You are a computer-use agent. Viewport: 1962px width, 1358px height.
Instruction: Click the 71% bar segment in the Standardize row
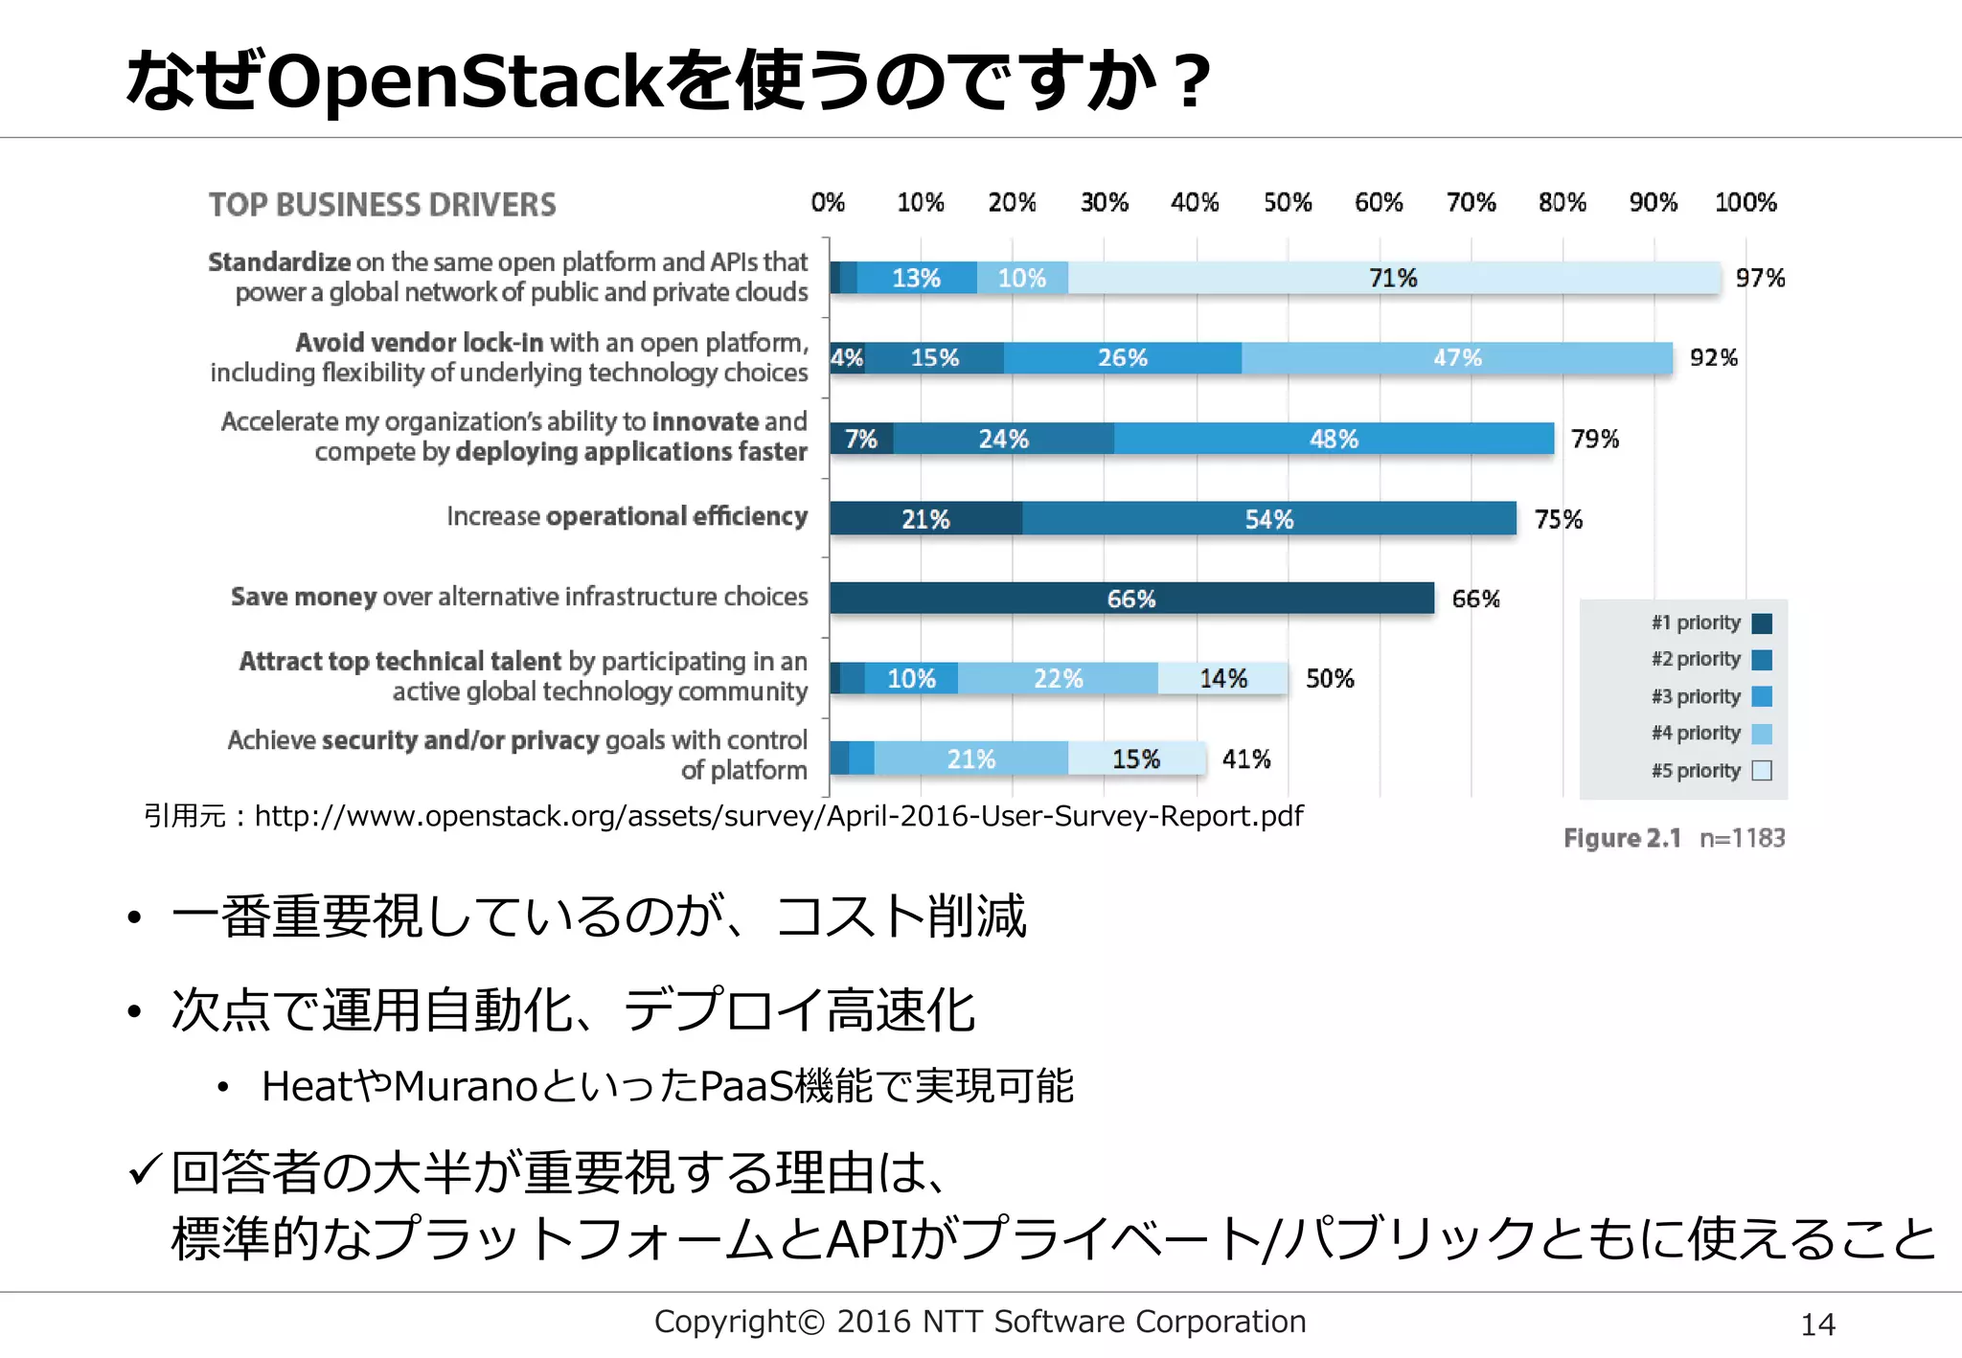pos(1394,278)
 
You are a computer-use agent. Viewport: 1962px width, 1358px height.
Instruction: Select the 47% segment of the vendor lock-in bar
pos(1457,358)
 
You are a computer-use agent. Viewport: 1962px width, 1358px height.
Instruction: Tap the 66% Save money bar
pos(1131,599)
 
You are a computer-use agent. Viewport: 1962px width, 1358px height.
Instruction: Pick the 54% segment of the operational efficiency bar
pos(1269,519)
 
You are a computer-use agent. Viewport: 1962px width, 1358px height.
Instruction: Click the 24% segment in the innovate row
pos(1003,439)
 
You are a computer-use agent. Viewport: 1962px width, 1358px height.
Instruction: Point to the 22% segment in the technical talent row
pos(1058,678)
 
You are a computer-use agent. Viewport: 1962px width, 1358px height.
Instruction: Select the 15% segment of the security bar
pos(1136,758)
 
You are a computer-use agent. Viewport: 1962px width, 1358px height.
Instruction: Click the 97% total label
pos(1760,278)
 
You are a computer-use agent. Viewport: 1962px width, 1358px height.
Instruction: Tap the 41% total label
pos(1246,758)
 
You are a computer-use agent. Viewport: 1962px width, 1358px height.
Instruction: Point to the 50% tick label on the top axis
pos(1287,203)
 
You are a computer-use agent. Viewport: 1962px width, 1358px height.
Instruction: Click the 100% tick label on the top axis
pos(1745,203)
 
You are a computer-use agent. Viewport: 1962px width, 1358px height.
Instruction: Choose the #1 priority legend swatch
pos(1762,623)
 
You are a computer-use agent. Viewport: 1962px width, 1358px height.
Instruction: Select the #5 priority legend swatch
pos(1762,771)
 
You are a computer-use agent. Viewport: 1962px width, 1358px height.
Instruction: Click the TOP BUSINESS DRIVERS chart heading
pos(382,205)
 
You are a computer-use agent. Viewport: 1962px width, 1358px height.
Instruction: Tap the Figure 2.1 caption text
pos(1622,838)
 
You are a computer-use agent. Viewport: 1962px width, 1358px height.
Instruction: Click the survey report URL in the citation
pos(778,816)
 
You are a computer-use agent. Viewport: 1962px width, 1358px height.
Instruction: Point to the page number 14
pos(1817,1324)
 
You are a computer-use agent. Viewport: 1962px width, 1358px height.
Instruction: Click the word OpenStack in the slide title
pos(465,80)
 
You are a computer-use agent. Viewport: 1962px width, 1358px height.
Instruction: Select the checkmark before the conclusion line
pos(145,1169)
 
